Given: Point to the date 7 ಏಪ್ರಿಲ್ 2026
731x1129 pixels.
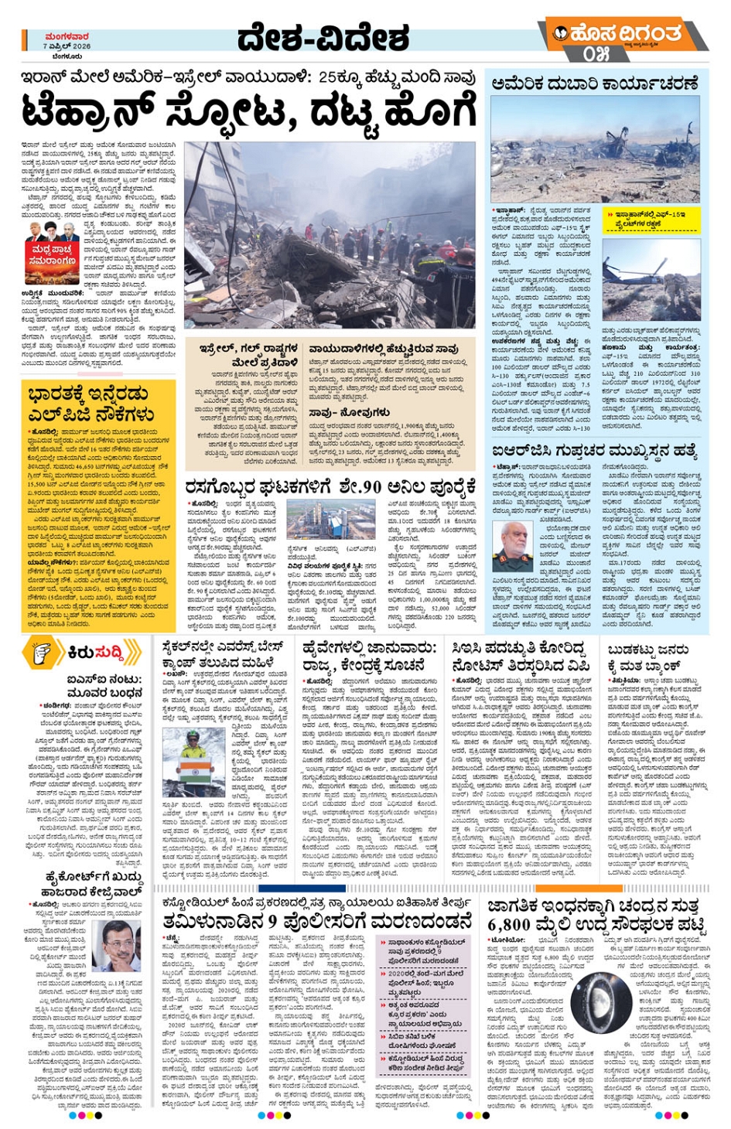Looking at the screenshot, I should (67, 46).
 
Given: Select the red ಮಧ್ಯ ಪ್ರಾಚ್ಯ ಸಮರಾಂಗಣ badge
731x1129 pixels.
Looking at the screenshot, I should (52, 255).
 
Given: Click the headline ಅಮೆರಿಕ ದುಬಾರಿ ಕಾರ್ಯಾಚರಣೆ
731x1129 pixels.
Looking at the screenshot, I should (594, 84).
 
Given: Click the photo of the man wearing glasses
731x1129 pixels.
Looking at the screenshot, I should (117, 945).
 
